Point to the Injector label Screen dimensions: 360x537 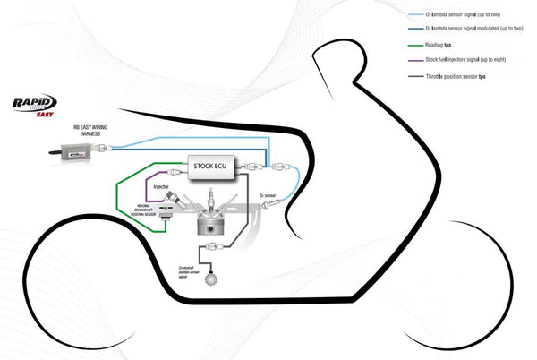[161, 187]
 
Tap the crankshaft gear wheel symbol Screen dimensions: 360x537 [211, 279]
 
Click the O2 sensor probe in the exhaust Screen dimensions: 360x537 [262, 207]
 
